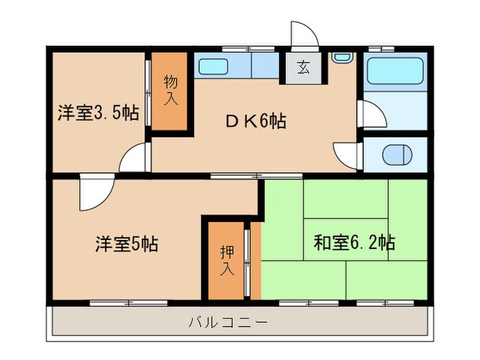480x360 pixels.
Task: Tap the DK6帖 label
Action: tap(256, 121)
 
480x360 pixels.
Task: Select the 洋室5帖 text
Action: tap(126, 243)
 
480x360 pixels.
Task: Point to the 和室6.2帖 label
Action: tap(354, 242)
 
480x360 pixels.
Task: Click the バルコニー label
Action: tap(228, 321)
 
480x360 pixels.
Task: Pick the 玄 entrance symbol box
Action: tap(302, 67)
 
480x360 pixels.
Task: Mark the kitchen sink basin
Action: tap(217, 66)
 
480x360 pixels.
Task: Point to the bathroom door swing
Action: tap(370, 115)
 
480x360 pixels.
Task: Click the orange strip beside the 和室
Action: tap(256, 261)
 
